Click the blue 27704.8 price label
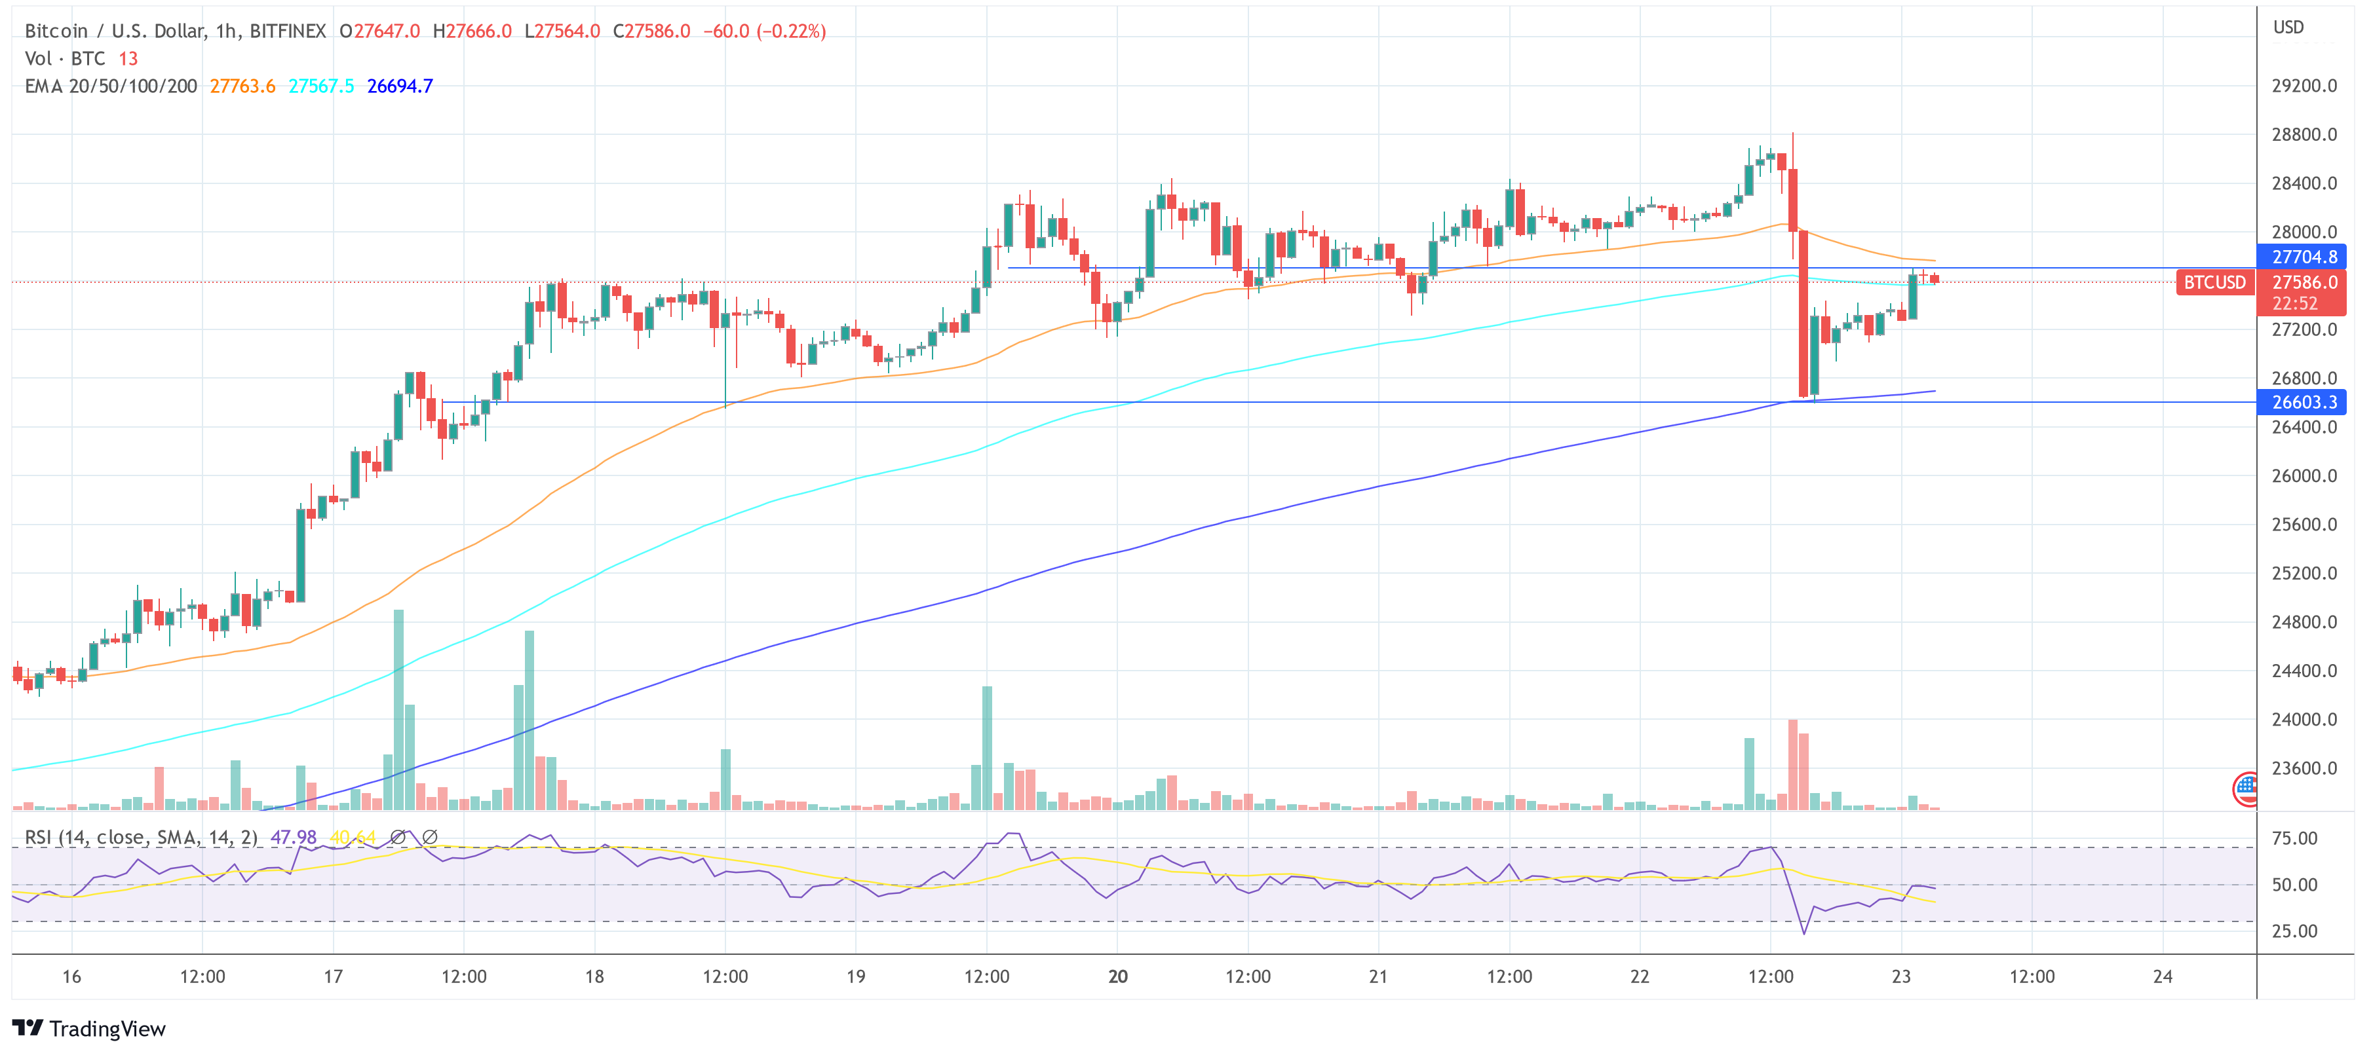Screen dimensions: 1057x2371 (x=2303, y=257)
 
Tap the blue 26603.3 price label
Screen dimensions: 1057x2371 (x=2303, y=402)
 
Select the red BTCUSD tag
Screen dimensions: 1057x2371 (x=2214, y=282)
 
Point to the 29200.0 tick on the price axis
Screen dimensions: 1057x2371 (x=2304, y=86)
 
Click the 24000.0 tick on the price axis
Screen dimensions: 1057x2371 (x=2304, y=719)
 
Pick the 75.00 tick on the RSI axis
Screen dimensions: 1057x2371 (x=2294, y=838)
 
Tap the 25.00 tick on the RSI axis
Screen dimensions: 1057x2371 (x=2294, y=931)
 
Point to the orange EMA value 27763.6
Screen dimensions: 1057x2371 (x=242, y=86)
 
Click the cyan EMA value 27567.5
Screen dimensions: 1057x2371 (x=321, y=86)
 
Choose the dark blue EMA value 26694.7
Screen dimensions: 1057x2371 (x=400, y=86)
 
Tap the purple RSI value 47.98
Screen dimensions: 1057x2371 (x=294, y=837)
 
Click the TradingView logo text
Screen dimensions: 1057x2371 (x=107, y=1028)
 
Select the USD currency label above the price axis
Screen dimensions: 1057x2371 (x=2288, y=28)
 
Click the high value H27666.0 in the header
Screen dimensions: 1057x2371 (x=472, y=31)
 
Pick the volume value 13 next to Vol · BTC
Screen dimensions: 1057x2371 (x=128, y=59)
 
